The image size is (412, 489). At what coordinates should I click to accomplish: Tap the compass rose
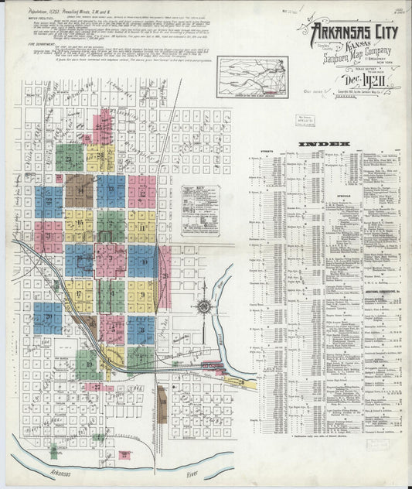(203, 306)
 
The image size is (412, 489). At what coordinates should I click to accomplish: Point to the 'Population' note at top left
(46, 12)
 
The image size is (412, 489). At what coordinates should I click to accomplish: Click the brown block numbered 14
(79, 190)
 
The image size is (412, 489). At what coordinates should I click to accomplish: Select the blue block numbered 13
(111, 190)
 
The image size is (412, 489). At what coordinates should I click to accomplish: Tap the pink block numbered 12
(141, 190)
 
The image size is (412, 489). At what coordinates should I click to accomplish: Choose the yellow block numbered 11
(141, 226)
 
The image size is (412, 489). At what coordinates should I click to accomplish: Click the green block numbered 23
(70, 158)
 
